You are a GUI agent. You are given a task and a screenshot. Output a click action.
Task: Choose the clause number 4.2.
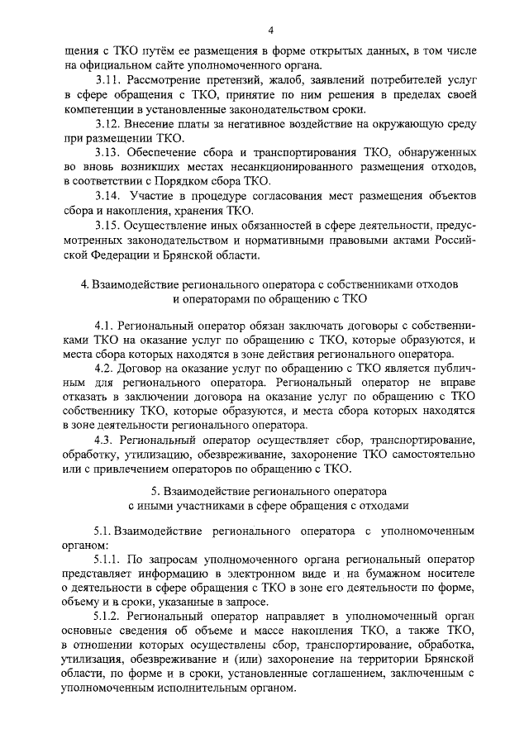tap(104, 367)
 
